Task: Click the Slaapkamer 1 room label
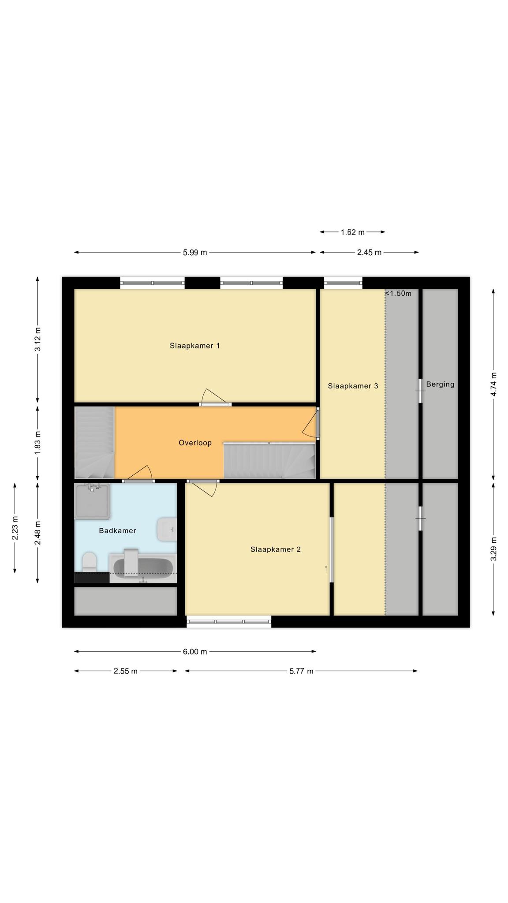coord(195,346)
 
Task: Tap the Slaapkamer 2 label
coord(276,549)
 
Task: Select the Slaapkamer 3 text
coord(353,386)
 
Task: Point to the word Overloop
coord(195,443)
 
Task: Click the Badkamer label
coord(118,530)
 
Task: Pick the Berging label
coord(440,384)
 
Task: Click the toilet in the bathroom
coord(90,561)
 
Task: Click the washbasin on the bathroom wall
coord(167,530)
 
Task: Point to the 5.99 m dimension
coord(195,253)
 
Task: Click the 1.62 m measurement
coord(353,232)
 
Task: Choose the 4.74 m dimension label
coord(494,384)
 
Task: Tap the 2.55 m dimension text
coord(126,671)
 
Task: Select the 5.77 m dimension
coord(302,671)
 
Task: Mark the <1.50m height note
coord(398,294)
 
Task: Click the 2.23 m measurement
coord(15,528)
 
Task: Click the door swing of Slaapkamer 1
coord(216,396)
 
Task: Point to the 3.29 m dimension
coord(494,549)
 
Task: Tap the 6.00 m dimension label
coord(195,652)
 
